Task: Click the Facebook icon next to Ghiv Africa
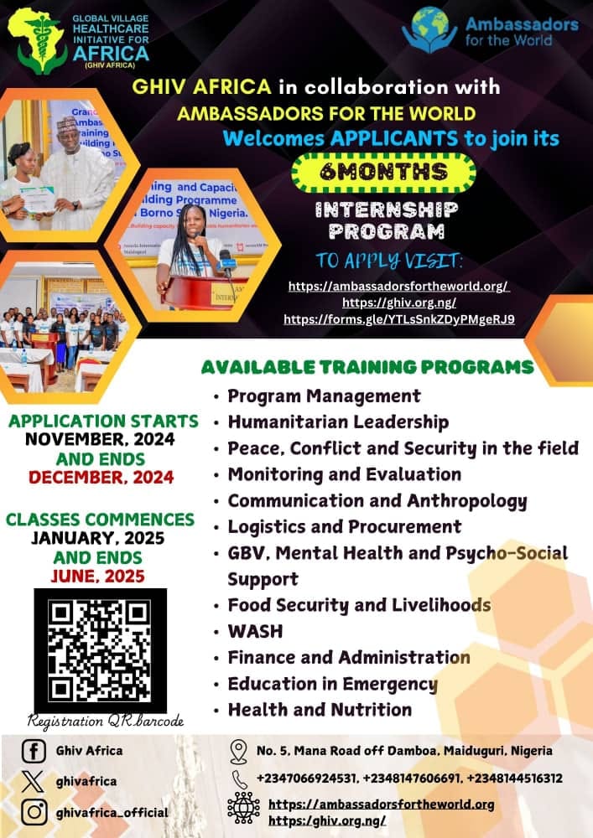click(x=34, y=751)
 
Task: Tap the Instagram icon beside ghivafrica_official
click(x=34, y=812)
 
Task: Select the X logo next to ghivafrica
click(x=34, y=781)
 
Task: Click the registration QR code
click(x=101, y=650)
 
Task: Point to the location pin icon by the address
click(x=238, y=752)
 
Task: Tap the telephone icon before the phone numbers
click(x=240, y=779)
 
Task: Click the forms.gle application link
click(x=399, y=319)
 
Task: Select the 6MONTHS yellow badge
click(x=383, y=172)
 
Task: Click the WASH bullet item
click(x=255, y=631)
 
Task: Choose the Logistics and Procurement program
click(x=345, y=526)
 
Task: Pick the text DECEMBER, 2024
click(x=101, y=478)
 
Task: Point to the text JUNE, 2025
click(x=98, y=577)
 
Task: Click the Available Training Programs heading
click(x=367, y=367)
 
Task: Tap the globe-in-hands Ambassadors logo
click(x=429, y=30)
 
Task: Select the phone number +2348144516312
click(x=514, y=779)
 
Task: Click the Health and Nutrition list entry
click(x=320, y=710)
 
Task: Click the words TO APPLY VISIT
click(x=388, y=261)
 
